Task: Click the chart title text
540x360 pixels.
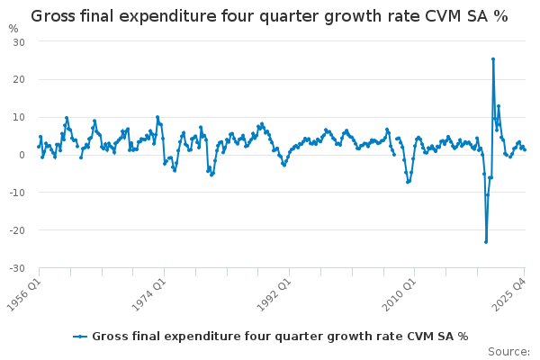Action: coord(269,16)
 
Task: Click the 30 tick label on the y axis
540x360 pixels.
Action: coord(19,42)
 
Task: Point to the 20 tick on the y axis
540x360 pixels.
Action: coord(19,79)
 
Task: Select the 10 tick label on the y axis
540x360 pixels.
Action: coord(19,117)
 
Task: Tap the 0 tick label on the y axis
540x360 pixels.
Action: coord(22,155)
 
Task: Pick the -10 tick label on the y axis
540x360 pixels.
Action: coord(17,193)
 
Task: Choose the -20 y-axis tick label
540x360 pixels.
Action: coord(17,230)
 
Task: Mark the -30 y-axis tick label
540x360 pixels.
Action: coord(17,268)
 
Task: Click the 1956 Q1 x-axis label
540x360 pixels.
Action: coord(24,294)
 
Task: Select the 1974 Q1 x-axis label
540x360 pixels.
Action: coord(149,294)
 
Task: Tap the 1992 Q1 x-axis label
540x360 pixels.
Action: coord(274,294)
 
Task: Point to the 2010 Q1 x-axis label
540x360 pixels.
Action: coord(400,294)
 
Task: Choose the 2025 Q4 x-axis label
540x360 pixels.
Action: coord(509,294)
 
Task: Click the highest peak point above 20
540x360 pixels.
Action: coord(493,59)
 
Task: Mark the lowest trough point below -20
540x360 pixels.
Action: coord(486,242)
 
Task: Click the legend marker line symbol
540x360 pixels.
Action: coord(80,337)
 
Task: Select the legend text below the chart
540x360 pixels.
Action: coord(280,337)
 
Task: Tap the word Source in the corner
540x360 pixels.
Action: coord(508,352)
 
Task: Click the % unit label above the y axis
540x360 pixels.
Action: coord(13,29)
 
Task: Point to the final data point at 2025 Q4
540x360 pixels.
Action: coord(525,150)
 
